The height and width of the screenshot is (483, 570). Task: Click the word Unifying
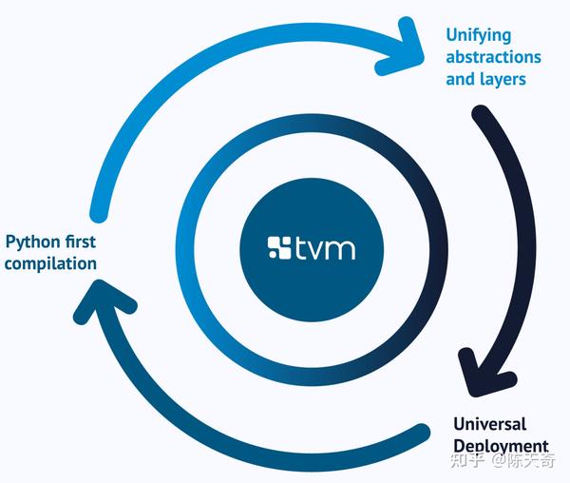click(479, 36)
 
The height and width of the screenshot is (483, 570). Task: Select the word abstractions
click(493, 57)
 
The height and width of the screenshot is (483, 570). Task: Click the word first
click(81, 241)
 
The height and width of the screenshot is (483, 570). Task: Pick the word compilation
click(50, 264)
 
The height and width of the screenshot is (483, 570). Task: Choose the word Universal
click(489, 424)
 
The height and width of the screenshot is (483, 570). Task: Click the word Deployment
click(501, 446)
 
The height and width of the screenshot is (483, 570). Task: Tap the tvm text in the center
click(325, 249)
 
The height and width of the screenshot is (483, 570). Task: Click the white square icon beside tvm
click(279, 248)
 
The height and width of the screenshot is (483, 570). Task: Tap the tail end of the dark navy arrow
click(481, 114)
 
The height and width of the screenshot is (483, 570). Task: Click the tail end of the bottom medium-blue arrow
click(421, 433)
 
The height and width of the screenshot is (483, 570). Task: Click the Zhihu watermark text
click(503, 460)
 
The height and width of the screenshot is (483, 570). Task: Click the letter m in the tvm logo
click(339, 250)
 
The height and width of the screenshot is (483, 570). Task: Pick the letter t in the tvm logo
click(301, 249)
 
